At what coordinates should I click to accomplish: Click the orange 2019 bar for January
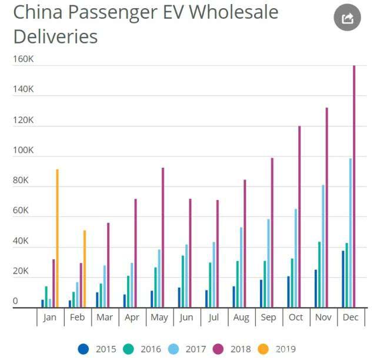click(x=57, y=238)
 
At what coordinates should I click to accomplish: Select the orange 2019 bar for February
click(x=84, y=269)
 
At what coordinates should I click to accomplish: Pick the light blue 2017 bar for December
click(x=351, y=233)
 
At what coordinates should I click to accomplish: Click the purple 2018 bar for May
click(x=163, y=238)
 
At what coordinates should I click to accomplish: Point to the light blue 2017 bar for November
click(x=323, y=246)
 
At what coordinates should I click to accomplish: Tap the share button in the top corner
click(x=347, y=19)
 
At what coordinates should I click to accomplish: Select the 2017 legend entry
click(x=189, y=349)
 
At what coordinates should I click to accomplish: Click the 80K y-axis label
click(x=21, y=180)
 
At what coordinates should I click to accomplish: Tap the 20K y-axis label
click(x=21, y=271)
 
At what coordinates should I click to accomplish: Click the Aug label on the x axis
click(x=241, y=317)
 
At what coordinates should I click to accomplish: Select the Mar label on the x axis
click(x=105, y=317)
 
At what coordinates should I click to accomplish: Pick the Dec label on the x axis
click(x=350, y=317)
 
